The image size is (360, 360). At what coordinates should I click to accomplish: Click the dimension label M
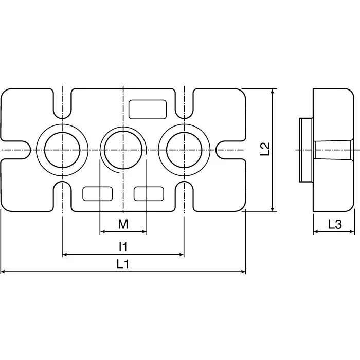(x=122, y=224)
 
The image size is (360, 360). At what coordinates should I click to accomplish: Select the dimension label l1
(x=122, y=247)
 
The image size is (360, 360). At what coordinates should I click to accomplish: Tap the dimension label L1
(x=122, y=265)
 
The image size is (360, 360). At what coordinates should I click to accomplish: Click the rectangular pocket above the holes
(x=148, y=109)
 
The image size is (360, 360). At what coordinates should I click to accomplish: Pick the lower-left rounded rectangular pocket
(x=98, y=193)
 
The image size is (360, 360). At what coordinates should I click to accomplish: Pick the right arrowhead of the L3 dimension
(x=353, y=232)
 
